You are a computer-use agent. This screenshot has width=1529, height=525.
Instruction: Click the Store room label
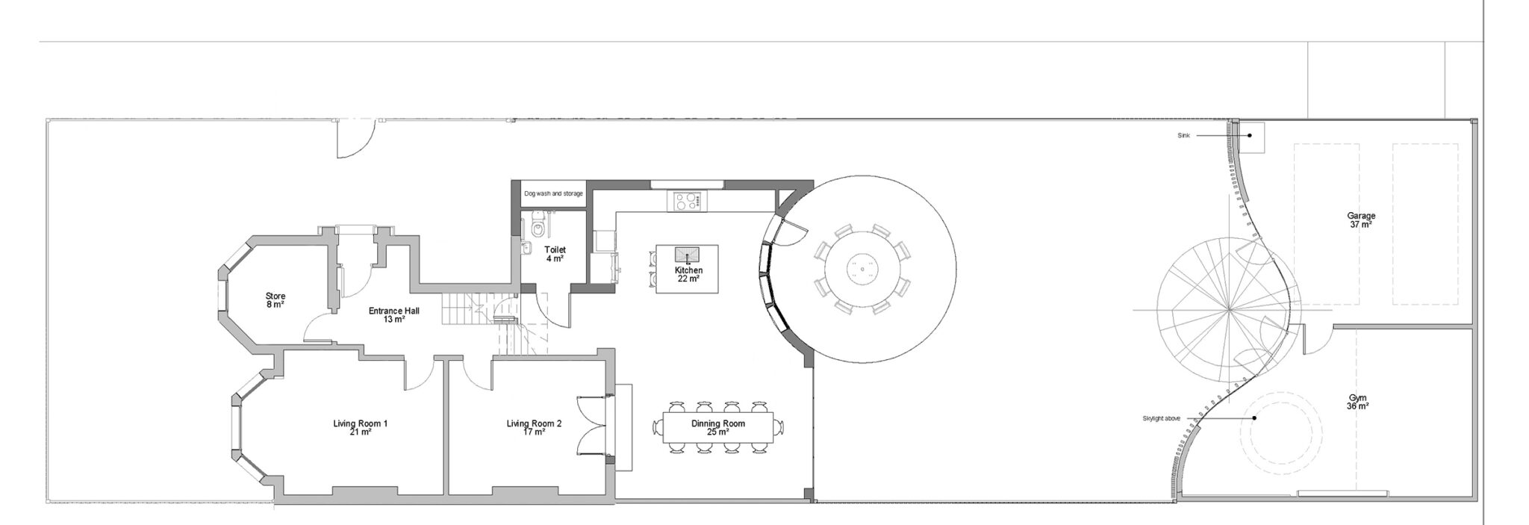[275, 300]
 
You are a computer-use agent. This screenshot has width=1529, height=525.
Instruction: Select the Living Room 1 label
[360, 427]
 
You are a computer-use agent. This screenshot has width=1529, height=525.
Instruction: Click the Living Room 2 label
[534, 427]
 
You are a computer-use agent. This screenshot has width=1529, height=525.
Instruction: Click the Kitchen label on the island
[688, 274]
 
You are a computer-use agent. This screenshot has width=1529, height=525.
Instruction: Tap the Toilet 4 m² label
[555, 254]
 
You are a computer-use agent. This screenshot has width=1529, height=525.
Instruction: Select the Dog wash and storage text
[552, 194]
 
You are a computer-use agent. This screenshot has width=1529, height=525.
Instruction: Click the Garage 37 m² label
[1361, 220]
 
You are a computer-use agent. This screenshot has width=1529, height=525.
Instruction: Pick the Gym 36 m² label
[1357, 403]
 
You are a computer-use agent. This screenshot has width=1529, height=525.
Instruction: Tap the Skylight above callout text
[1162, 418]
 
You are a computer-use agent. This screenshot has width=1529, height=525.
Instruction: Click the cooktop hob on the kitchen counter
[688, 200]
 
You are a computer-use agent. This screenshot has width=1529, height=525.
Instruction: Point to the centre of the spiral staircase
[1228, 310]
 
